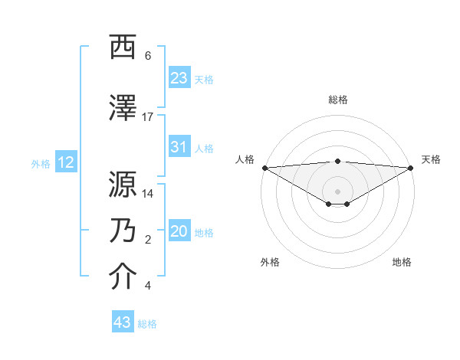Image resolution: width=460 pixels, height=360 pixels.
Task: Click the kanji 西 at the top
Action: pos(123,48)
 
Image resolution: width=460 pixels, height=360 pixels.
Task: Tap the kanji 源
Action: pos(123,184)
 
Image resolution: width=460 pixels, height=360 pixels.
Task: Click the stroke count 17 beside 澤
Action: pos(148,116)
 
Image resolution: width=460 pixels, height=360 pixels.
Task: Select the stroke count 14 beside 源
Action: pos(148,194)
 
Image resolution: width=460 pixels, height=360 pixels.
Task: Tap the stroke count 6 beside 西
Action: pos(148,56)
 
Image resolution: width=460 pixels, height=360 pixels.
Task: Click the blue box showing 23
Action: pos(179,78)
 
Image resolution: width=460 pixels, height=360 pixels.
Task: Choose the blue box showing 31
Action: pos(179,147)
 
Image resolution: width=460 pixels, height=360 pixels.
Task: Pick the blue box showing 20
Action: pos(179,232)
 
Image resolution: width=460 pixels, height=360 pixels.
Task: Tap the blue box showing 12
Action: pos(66,162)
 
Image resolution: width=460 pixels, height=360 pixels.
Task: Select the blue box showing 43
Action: pos(123,322)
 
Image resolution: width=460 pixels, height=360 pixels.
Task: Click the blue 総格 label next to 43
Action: pos(147,324)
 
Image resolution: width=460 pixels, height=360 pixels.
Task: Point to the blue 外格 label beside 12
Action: pos(41,163)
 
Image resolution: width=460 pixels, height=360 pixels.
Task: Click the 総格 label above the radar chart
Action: pos(337,100)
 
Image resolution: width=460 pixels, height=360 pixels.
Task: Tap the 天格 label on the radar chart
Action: pos(431,159)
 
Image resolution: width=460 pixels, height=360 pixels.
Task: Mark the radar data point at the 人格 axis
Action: pos(264,168)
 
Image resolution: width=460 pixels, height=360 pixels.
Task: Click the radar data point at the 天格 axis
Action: pos(412,168)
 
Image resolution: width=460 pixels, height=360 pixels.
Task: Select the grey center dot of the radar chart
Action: pos(337,191)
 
